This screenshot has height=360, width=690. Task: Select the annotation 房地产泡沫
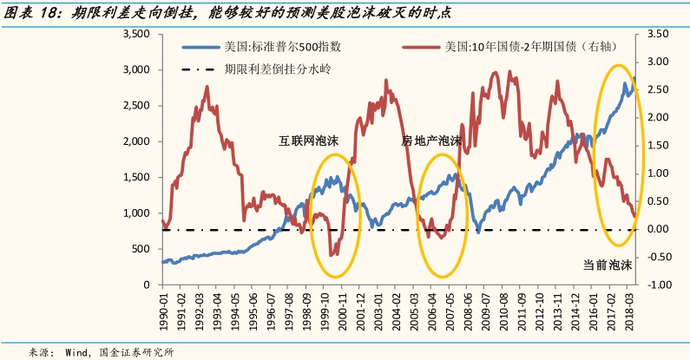430,140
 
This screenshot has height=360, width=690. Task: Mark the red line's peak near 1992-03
207,86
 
